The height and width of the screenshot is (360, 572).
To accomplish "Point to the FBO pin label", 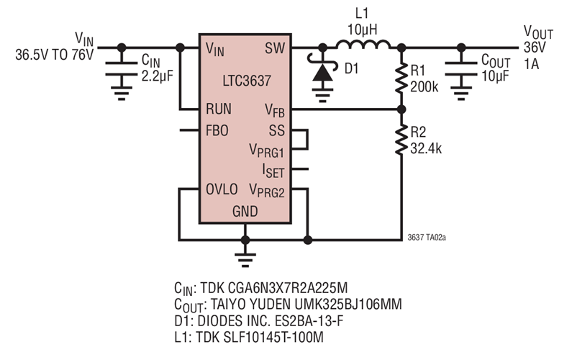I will tap(217, 131).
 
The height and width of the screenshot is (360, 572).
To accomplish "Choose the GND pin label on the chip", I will tap(245, 211).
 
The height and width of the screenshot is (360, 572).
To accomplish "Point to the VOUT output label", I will tap(538, 32).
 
